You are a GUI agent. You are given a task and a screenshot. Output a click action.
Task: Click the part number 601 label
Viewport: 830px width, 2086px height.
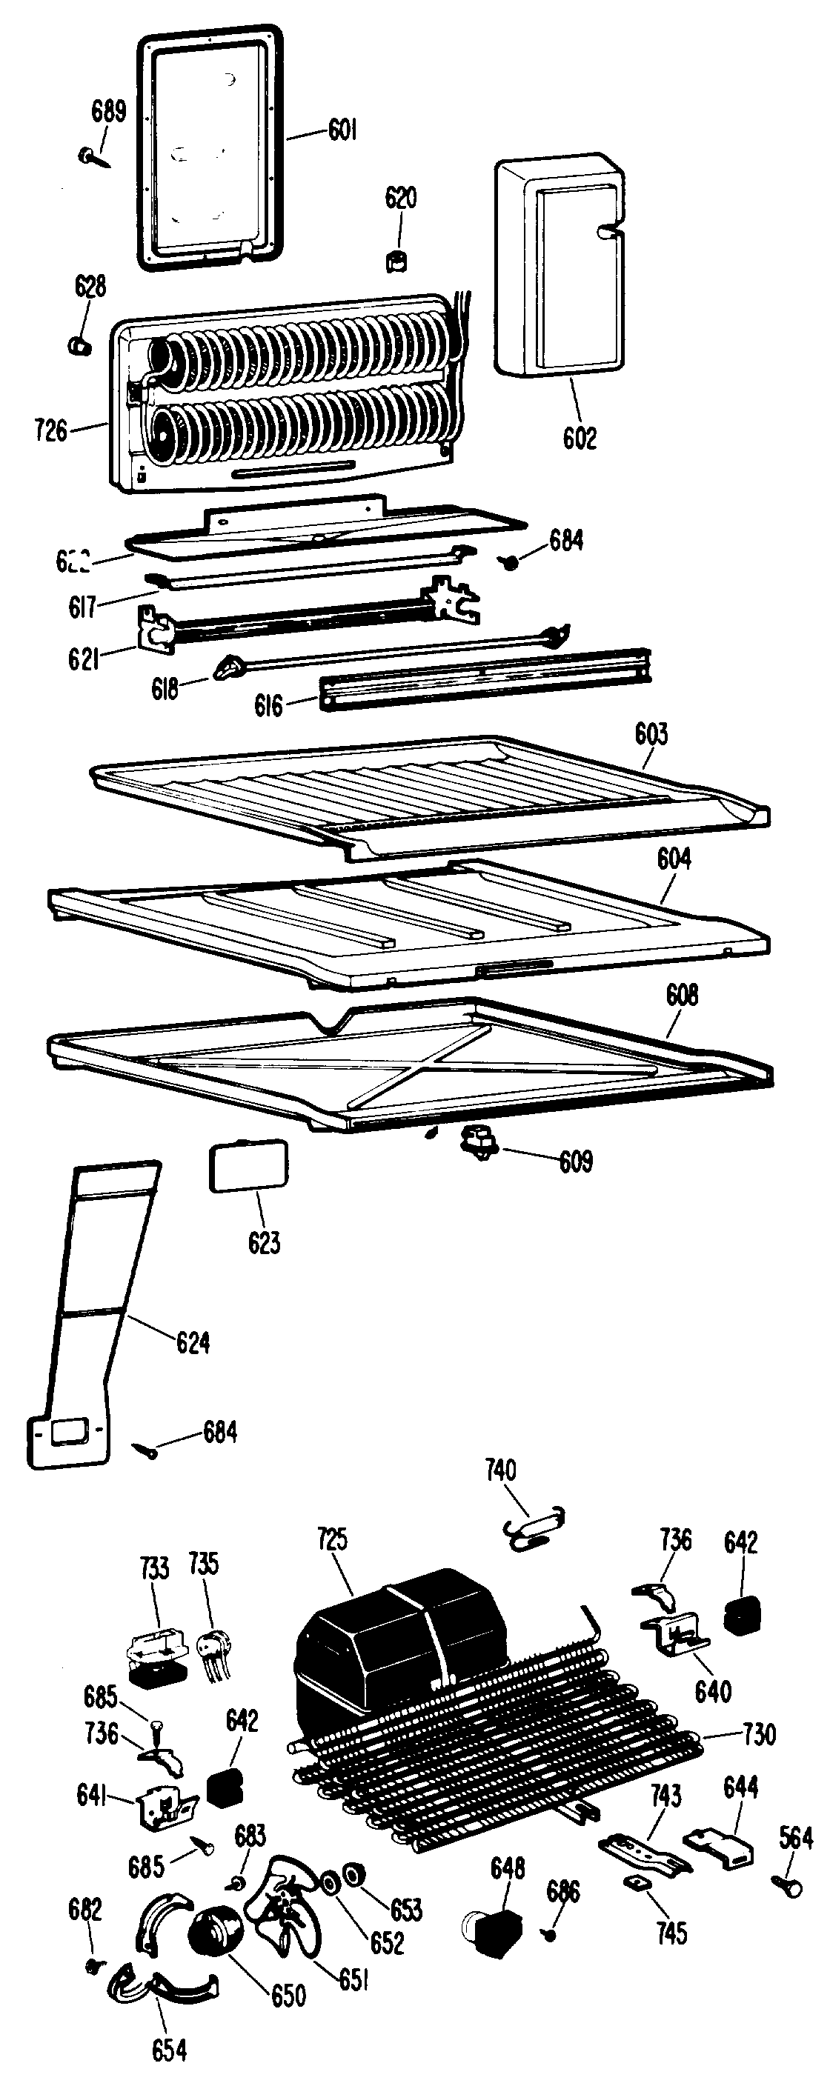click(342, 130)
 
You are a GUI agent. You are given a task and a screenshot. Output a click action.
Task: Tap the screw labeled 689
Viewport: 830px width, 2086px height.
click(90, 155)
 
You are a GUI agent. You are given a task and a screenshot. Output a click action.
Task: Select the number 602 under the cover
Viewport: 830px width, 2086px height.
click(579, 438)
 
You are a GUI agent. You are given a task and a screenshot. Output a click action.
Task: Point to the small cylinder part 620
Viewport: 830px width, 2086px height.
click(396, 261)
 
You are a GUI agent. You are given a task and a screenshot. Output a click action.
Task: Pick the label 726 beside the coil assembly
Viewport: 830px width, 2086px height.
click(50, 430)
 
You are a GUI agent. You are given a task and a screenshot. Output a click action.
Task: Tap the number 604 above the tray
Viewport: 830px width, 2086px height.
click(674, 859)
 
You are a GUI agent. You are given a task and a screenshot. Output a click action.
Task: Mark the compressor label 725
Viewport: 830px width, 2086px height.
click(332, 1539)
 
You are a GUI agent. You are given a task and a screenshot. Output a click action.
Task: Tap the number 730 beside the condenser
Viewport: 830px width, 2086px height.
click(759, 1735)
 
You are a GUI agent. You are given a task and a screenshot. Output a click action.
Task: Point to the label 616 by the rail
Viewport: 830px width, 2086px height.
click(269, 705)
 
